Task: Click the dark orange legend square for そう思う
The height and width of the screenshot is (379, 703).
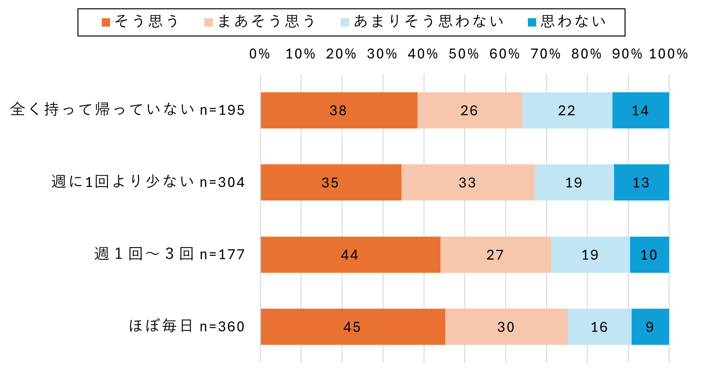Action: point(106,22)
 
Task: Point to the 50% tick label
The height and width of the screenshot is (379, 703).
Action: point(464,54)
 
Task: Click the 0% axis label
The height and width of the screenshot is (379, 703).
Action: point(260,54)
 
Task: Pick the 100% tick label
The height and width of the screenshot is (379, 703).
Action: point(668,54)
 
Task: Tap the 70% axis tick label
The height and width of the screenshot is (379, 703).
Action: point(545,54)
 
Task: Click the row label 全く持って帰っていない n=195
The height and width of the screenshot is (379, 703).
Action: point(127,110)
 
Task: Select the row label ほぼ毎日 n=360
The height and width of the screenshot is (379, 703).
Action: point(187,327)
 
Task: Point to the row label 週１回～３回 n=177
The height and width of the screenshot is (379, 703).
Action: point(170,254)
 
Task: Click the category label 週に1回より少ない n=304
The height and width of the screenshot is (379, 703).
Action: point(148,182)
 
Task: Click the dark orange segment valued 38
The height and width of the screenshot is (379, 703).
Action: point(339,110)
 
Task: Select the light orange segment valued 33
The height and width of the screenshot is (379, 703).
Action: point(467,182)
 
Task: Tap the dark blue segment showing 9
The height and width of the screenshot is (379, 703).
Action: point(650,327)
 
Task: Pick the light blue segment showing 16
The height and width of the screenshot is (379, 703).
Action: point(599,327)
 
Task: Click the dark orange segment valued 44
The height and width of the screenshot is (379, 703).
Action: point(350,255)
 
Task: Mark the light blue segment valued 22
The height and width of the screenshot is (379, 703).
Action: point(567,110)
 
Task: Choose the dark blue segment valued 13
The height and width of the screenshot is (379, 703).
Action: point(641,182)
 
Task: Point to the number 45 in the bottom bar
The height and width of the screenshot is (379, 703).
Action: point(352,327)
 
